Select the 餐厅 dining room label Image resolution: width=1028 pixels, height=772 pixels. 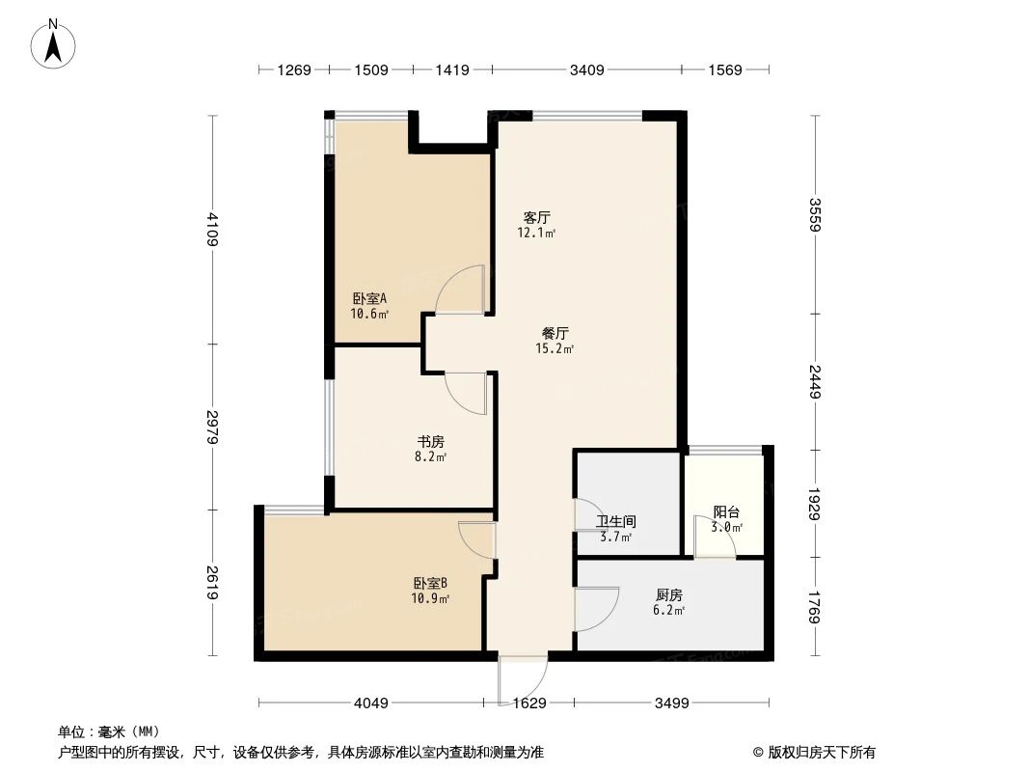tap(555, 333)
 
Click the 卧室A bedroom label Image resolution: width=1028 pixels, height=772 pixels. tap(368, 298)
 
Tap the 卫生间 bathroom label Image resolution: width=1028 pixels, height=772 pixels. tap(615, 521)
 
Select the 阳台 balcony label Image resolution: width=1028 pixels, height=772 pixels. tap(727, 512)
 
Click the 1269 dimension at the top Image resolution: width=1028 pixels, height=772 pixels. tap(294, 69)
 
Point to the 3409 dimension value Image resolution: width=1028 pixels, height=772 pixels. tap(587, 69)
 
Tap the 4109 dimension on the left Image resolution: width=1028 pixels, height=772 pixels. tap(211, 229)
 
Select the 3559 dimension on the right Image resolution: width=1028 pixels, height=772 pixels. tap(816, 214)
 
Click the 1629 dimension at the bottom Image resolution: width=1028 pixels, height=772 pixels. tap(529, 703)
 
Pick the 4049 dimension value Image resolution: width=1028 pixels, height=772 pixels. tap(370, 703)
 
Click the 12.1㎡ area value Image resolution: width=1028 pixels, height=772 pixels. tap(537, 234)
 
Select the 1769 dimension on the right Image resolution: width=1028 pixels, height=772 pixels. tap(816, 608)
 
